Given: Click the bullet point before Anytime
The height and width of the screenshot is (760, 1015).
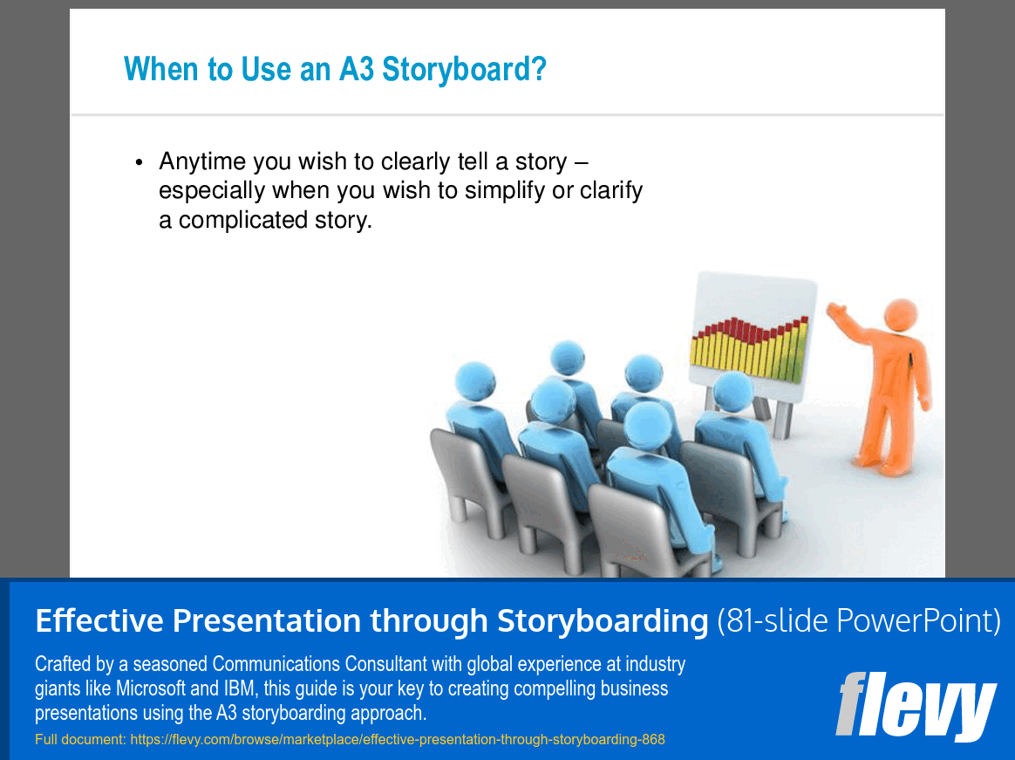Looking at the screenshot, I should click(x=139, y=163).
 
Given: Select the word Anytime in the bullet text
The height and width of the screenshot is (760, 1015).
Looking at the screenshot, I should click(x=202, y=162).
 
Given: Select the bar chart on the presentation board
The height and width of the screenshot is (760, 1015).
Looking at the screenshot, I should click(x=749, y=350).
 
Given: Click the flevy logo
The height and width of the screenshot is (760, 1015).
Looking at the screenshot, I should click(x=915, y=706).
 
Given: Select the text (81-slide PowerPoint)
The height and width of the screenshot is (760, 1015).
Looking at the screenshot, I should click(x=858, y=621).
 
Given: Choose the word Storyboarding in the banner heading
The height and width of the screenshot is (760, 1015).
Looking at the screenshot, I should click(x=603, y=621).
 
